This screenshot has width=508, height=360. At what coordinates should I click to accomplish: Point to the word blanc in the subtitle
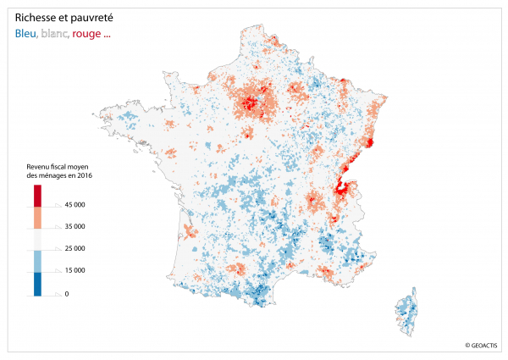[55, 35]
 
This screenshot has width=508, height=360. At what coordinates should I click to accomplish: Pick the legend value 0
[66, 293]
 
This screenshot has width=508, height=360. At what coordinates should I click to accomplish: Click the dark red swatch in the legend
[38, 195]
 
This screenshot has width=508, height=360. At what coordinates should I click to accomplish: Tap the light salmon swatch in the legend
[38, 217]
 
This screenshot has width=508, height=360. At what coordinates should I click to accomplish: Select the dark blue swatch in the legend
[38, 283]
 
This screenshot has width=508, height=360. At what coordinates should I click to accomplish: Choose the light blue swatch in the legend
[38, 261]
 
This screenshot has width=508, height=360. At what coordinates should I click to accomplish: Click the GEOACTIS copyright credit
[480, 345]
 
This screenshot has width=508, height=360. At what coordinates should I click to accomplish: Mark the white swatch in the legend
[38, 239]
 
